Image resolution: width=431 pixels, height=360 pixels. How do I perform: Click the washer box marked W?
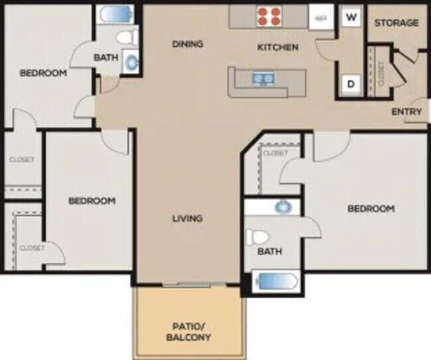click(x=350, y=17)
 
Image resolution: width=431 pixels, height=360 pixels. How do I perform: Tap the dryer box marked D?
click(x=350, y=84)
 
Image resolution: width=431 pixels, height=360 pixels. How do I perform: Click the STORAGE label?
click(x=397, y=23)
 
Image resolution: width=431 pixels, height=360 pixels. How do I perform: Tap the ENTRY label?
click(x=406, y=111)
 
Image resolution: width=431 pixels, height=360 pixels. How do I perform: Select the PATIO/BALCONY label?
click(x=190, y=331)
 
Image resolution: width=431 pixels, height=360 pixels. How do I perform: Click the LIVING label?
click(x=187, y=218)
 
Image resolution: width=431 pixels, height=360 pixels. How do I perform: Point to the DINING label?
click(x=187, y=44)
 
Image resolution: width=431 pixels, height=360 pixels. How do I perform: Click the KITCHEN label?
click(x=278, y=47)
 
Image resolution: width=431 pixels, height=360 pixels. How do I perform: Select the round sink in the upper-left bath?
click(x=131, y=62)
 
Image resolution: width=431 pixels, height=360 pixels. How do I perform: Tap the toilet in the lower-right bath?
click(x=259, y=237)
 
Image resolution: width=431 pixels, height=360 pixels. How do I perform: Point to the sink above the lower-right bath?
click(x=283, y=208)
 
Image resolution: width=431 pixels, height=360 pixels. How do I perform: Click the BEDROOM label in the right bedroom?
click(x=371, y=208)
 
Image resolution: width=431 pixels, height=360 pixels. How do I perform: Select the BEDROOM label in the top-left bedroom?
click(x=43, y=73)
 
